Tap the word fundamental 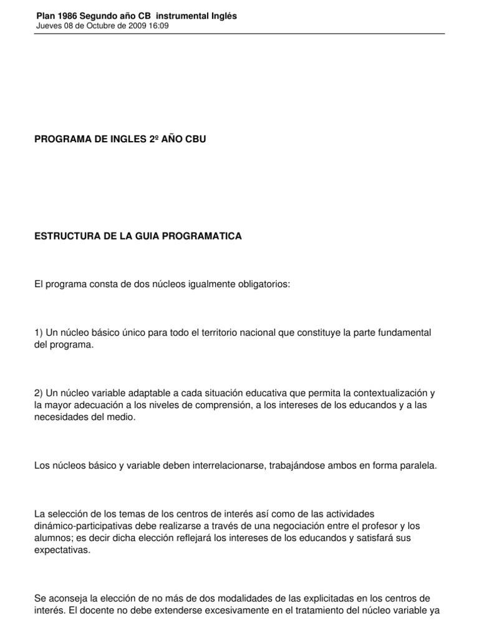tap(405, 333)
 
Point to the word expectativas tap(63, 550)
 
